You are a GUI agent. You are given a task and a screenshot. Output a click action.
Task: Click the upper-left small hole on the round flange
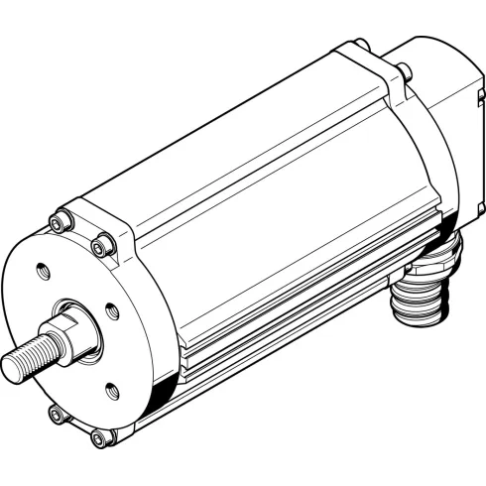coord(42,269)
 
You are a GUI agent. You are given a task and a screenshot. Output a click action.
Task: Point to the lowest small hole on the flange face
coord(110,388)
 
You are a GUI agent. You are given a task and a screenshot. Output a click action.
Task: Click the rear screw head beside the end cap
coord(404,70)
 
